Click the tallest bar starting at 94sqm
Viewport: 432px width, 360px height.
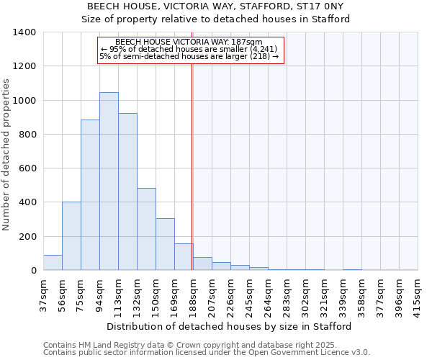tap(109, 181)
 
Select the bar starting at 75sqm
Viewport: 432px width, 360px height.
tap(90, 194)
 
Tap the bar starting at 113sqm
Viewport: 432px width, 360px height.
tap(127, 192)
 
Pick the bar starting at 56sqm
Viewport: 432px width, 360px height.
tap(71, 236)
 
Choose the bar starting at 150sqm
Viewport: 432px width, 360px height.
tap(165, 244)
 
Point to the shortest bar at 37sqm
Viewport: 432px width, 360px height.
tap(53, 263)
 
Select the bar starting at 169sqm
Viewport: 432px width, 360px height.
tap(184, 257)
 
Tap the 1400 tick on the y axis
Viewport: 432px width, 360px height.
tap(26, 32)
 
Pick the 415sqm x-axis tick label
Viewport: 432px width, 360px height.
tap(418, 293)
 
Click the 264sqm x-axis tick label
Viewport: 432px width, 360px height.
tap(268, 293)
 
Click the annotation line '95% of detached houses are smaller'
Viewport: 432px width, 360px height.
tap(190, 49)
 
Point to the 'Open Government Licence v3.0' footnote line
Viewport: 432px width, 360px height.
tap(207, 353)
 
